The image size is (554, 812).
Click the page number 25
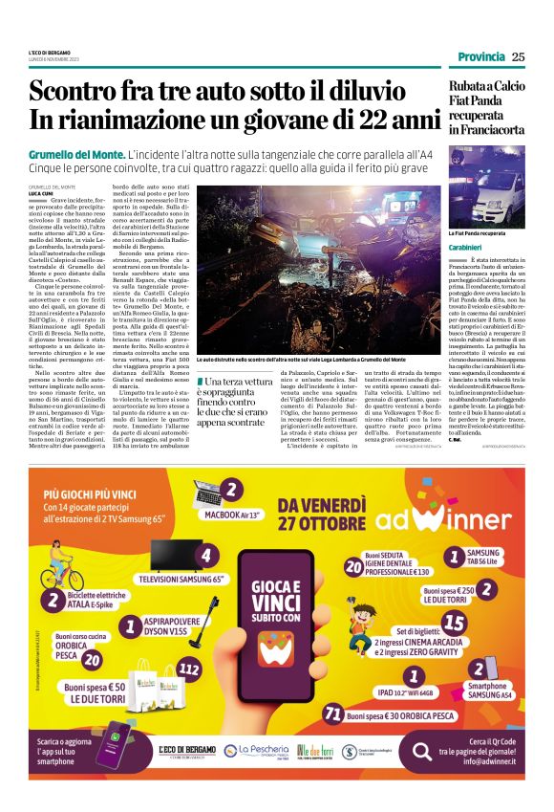point(518,56)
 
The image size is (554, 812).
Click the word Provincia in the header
point(481,56)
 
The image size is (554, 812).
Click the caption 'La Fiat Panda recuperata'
point(478,232)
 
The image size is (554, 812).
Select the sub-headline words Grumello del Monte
point(76,154)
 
